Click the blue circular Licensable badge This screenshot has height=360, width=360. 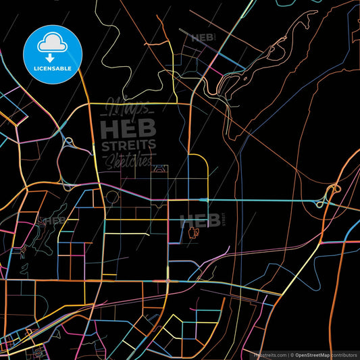pos(52,55)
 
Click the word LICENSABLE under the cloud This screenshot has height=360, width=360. pos(52,68)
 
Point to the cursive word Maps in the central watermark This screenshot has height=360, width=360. pos(128,109)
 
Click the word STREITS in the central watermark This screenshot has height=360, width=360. pos(128,145)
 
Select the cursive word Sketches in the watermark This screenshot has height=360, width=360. pos(128,160)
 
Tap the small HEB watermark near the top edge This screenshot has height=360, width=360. pos(203,38)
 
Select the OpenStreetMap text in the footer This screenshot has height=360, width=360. pos(312,355)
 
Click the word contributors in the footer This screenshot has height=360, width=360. pos(344,355)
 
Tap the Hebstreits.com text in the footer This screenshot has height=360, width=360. pos(268,355)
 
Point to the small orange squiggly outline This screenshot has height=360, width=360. pos(195,234)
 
